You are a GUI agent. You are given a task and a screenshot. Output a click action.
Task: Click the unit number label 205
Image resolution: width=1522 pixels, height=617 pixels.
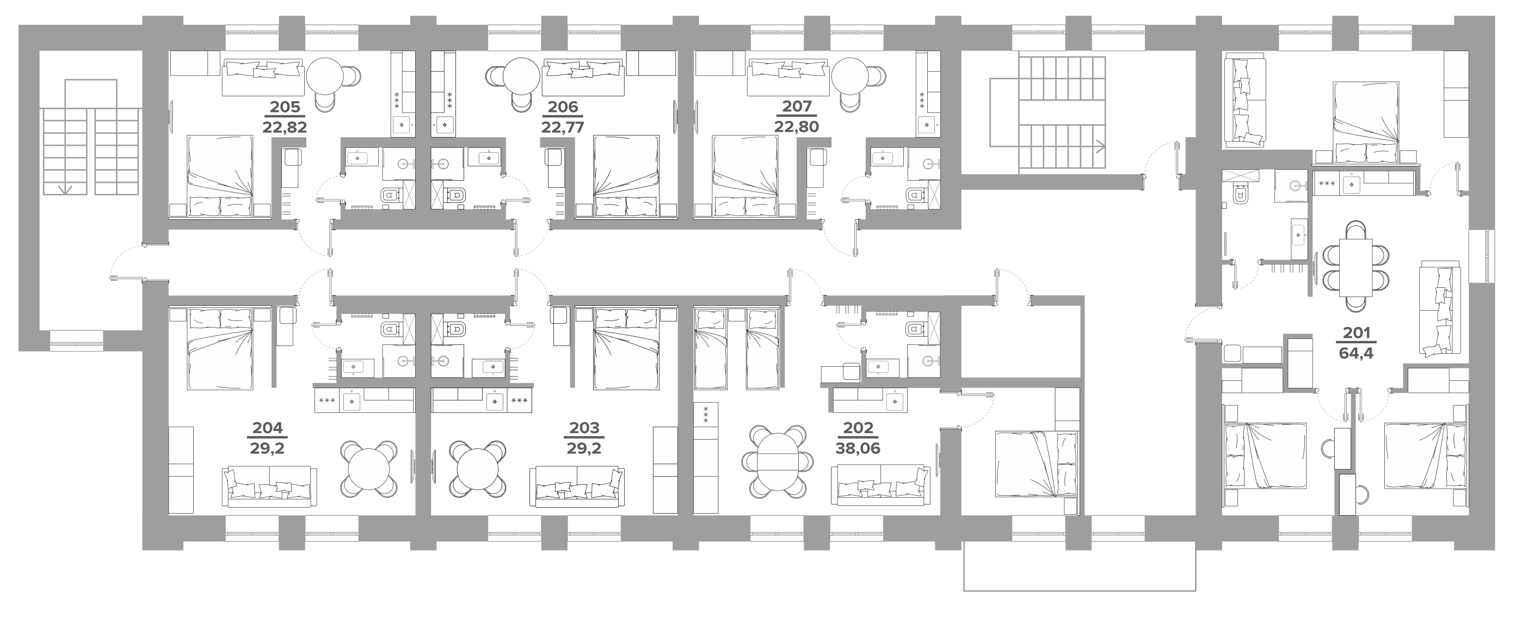(x=285, y=107)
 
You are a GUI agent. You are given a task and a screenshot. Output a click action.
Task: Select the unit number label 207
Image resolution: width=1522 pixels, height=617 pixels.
(x=797, y=107)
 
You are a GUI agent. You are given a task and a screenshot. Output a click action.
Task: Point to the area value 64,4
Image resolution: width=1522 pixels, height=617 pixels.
(x=1357, y=355)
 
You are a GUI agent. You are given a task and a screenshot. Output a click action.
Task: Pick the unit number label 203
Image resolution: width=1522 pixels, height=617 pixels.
(x=584, y=428)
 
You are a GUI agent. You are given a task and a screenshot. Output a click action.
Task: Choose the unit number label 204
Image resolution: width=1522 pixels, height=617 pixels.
(x=268, y=428)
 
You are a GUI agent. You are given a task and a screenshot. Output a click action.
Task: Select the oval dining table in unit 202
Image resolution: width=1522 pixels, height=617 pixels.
(x=778, y=460)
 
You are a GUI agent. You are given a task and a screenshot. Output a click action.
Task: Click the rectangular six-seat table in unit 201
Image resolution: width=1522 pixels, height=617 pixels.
(x=1355, y=267)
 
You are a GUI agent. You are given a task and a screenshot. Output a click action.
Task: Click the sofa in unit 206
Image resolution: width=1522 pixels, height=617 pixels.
(x=583, y=81)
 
